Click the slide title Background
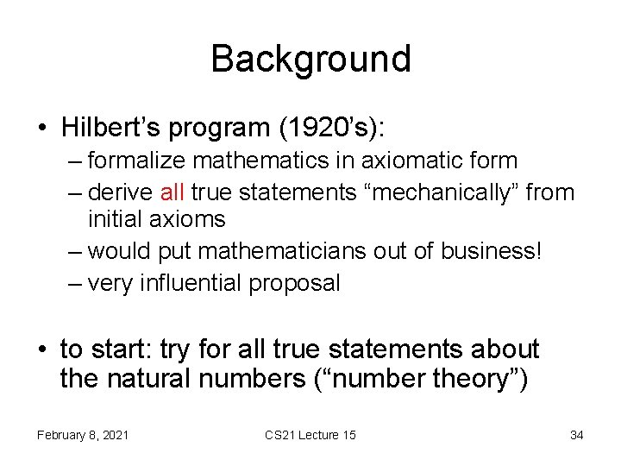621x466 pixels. (310, 59)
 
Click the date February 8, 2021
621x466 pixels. (83, 435)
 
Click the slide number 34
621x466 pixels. (576, 435)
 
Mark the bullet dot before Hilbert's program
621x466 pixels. (44, 128)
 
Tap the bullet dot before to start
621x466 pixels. (44, 350)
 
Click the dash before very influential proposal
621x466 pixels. (75, 282)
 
